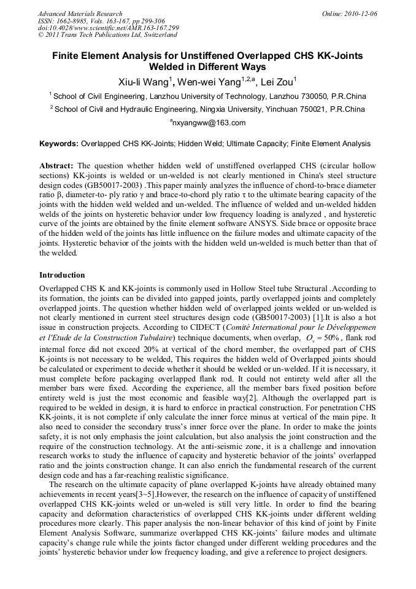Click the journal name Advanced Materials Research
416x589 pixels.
(80, 13)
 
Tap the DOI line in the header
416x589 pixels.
(108, 28)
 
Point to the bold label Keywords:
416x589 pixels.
(59, 144)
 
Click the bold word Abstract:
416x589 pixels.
(56, 166)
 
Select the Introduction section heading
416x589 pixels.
(62, 275)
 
